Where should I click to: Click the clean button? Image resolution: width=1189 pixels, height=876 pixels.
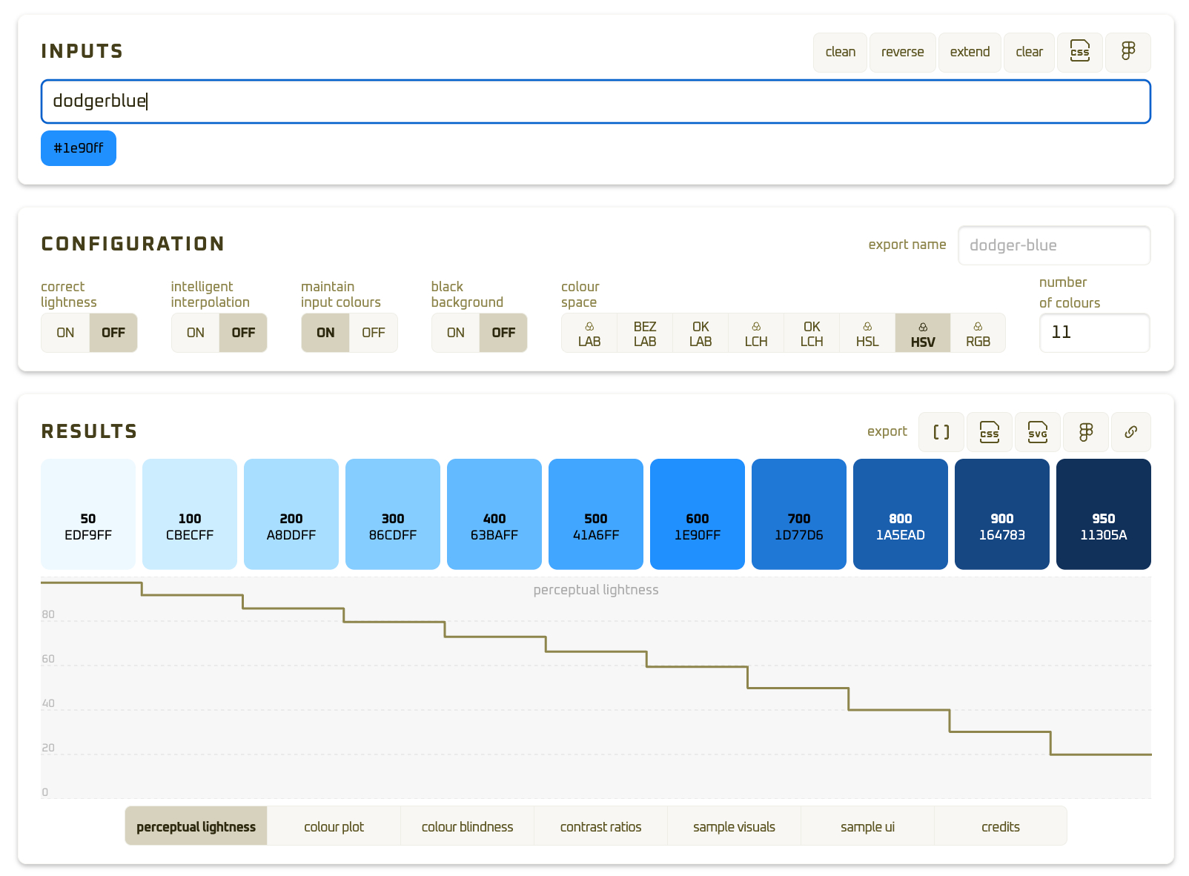click(x=840, y=52)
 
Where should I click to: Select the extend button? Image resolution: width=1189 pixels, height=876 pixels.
click(x=970, y=52)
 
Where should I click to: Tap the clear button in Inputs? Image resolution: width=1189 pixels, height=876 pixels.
click(x=1029, y=52)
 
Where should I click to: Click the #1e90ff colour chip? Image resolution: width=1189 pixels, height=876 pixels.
click(x=79, y=148)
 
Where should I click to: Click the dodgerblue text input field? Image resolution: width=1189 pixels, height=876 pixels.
click(x=595, y=102)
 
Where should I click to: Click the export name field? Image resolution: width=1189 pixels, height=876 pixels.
click(x=1053, y=245)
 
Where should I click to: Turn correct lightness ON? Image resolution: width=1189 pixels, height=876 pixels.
click(x=65, y=333)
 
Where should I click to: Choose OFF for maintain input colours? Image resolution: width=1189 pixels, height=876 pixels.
click(x=373, y=333)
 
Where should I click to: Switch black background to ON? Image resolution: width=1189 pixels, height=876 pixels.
click(x=456, y=333)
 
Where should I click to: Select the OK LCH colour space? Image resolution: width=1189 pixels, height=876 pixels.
click(x=812, y=334)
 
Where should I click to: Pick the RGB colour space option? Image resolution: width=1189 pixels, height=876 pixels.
click(x=978, y=334)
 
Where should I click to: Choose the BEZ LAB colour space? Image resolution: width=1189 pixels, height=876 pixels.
click(x=645, y=334)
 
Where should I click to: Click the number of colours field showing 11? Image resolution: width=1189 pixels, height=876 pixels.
click(x=1094, y=333)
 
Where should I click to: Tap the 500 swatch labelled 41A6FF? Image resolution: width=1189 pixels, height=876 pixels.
click(x=596, y=514)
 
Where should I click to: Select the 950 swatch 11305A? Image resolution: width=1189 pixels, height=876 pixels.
click(x=1103, y=514)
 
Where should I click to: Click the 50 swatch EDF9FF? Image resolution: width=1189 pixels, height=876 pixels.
click(x=88, y=514)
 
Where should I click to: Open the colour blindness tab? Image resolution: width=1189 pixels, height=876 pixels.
click(x=467, y=826)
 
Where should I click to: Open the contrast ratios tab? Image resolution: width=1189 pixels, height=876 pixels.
click(x=600, y=826)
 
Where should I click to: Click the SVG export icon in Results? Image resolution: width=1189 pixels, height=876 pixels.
click(x=1038, y=432)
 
